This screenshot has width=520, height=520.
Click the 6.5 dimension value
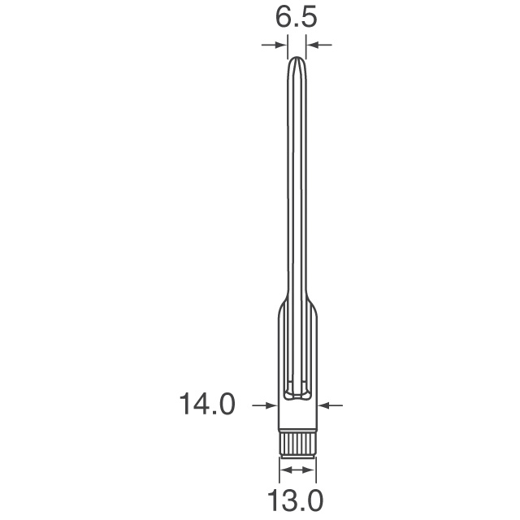click(296, 19)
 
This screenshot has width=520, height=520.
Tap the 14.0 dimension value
click(206, 403)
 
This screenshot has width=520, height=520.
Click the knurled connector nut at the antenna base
click(297, 444)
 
